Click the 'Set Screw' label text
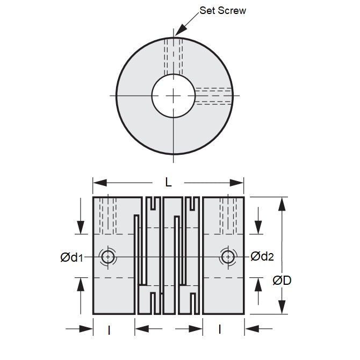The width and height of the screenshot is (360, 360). [x=222, y=10]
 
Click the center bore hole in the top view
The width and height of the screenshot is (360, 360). [x=174, y=96]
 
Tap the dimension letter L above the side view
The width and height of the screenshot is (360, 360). [x=168, y=183]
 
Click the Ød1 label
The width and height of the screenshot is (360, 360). [x=71, y=257]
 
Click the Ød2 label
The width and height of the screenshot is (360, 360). [x=262, y=256]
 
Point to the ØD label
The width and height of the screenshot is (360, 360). [x=282, y=280]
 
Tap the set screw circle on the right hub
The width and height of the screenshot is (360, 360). [x=228, y=257]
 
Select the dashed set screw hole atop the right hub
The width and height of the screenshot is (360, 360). [x=228, y=215]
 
